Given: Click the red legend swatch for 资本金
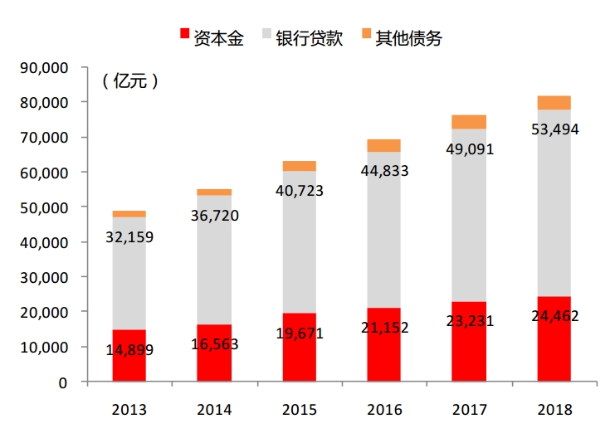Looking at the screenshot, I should click(x=185, y=35).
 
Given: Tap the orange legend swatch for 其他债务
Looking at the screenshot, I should click(x=368, y=35).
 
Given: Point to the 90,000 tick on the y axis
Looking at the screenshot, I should click(x=46, y=67).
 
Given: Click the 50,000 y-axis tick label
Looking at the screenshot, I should click(x=46, y=207).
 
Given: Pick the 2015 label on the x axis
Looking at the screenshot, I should click(x=299, y=409).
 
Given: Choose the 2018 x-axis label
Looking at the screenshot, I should click(x=554, y=409).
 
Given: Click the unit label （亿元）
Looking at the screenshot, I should click(x=130, y=82).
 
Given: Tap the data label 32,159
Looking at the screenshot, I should click(x=129, y=237).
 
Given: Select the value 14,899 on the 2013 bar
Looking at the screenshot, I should click(x=129, y=349).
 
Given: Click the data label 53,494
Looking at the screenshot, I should click(x=554, y=129).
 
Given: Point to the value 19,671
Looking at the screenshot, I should click(x=299, y=333).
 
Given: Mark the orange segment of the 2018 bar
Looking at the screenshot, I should click(x=554, y=103).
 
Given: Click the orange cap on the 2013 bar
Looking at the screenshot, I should click(x=129, y=214).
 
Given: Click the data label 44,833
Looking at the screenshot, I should click(x=384, y=170).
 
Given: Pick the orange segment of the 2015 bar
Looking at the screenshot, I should click(x=299, y=166).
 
